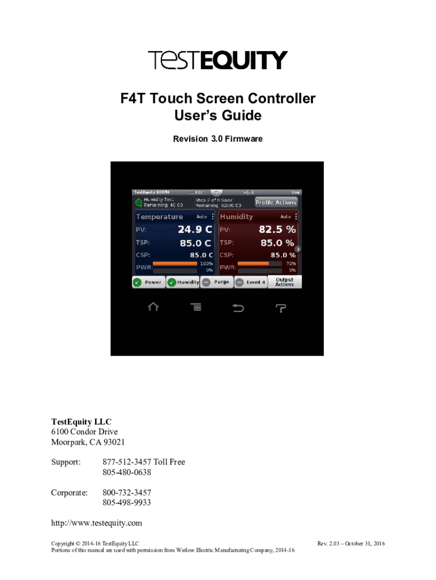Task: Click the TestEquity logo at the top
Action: click(218, 61)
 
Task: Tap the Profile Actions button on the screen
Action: click(276, 202)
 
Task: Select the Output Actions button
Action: click(284, 282)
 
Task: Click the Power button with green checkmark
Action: click(148, 282)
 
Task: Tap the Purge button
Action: click(216, 282)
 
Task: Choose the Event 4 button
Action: click(250, 282)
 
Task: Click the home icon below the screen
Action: click(153, 307)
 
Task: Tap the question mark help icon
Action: click(281, 308)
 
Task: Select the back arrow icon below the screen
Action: click(238, 308)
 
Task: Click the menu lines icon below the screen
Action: click(195, 308)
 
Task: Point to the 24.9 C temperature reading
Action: click(195, 229)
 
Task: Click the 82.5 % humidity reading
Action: click(277, 229)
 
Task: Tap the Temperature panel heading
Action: click(159, 217)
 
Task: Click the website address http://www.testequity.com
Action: click(97, 523)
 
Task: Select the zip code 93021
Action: click(112, 442)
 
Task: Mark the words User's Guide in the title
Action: click(218, 116)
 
